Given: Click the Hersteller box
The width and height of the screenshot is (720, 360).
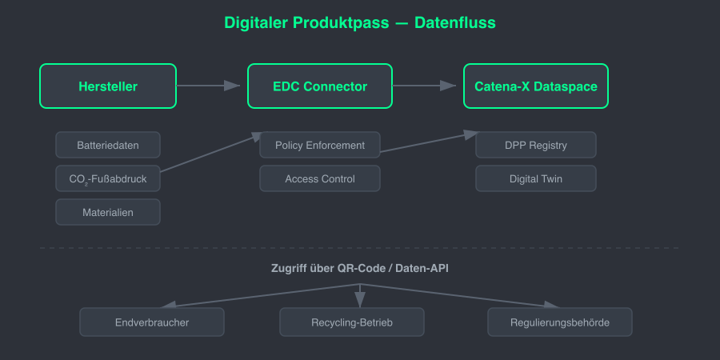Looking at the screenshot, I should tap(108, 86).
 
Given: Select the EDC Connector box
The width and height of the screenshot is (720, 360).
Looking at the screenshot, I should tap(320, 86).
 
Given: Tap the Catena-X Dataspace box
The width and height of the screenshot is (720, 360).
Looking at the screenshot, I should tap(536, 86).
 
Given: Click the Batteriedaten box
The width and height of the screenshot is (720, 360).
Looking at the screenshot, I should tap(108, 145).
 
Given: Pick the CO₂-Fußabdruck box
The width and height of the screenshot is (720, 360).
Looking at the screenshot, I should tap(108, 178).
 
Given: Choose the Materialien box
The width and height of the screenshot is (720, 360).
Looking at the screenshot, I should tap(108, 212).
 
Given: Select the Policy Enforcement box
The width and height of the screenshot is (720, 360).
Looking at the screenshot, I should tap(320, 145).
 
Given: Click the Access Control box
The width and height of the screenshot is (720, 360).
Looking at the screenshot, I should tap(320, 178).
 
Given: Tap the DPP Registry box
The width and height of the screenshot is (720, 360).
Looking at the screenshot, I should tap(536, 145).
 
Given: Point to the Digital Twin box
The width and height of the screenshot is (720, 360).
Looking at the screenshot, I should tap(536, 178).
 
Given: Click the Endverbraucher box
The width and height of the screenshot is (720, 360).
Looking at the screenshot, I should tap(152, 322).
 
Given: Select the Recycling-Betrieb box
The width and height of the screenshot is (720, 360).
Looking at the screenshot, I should tap(352, 322).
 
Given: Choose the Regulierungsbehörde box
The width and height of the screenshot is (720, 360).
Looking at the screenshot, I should tap(560, 322).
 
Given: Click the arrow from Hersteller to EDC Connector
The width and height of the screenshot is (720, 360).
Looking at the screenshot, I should tap(208, 86).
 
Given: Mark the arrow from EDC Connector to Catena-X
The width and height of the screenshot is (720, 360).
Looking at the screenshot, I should tap(424, 86).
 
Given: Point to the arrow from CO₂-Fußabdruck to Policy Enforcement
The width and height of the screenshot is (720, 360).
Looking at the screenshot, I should tap(210, 153).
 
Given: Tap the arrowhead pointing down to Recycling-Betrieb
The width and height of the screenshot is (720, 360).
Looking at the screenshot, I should tap(360, 300).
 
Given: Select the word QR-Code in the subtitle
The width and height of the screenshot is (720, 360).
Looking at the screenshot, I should tap(361, 269).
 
